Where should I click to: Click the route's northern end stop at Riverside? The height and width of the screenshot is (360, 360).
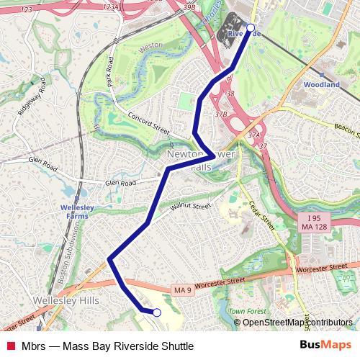[251, 28]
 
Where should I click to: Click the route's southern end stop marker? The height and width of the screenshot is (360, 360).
[156, 312]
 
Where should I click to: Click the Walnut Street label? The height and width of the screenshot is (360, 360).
[190, 207]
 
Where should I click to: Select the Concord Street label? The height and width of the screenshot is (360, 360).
[148, 125]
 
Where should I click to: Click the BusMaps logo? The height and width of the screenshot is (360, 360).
[325, 346]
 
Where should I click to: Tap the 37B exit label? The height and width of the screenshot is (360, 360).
[220, 114]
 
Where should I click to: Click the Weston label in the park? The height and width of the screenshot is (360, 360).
[152, 45]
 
